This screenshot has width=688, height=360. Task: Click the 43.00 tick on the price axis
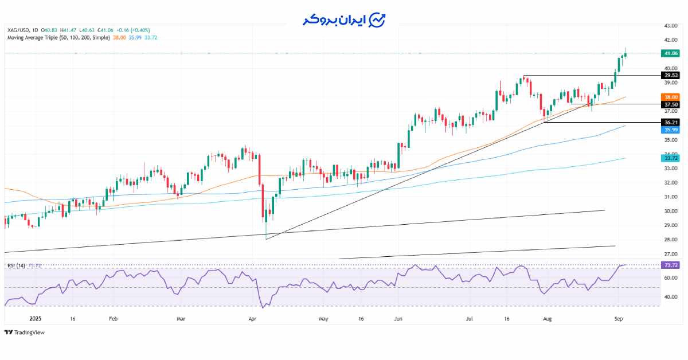670,26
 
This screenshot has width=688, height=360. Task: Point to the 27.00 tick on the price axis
670,254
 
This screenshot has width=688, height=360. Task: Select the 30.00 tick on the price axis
670,211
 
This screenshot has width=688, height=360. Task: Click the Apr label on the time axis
252,318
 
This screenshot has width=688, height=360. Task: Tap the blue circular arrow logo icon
377,20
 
